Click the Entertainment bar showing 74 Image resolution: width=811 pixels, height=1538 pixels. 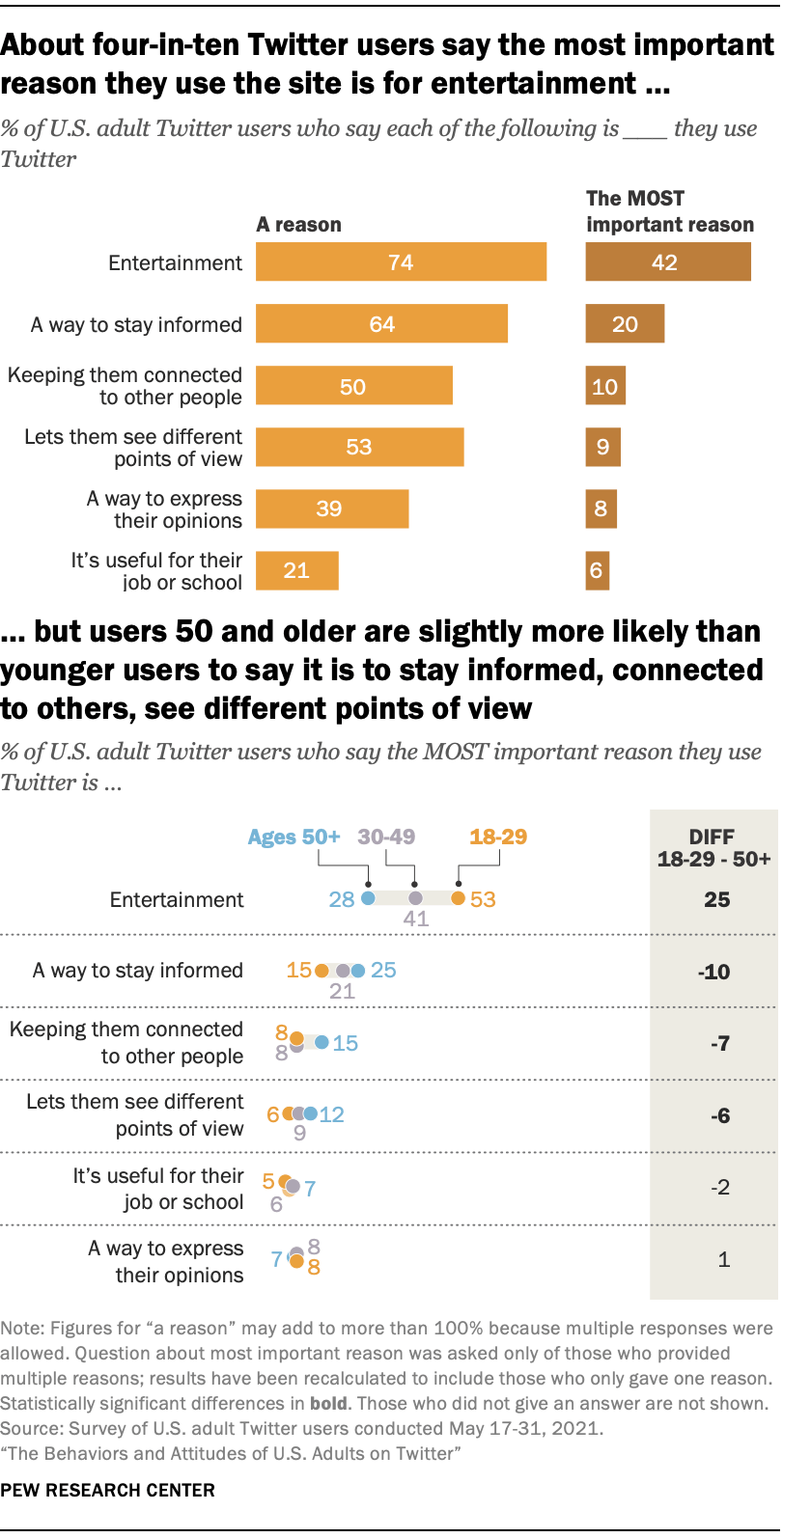(x=401, y=262)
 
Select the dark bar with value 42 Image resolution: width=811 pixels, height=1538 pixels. (x=667, y=262)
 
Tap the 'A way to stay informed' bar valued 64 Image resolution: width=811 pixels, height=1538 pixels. (x=381, y=324)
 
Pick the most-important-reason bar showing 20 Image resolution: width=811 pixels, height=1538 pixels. (x=625, y=324)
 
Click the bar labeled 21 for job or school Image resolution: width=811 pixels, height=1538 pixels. (x=296, y=570)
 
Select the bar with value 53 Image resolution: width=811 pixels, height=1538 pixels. (x=359, y=447)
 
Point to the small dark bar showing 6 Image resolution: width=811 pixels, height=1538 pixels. (x=597, y=570)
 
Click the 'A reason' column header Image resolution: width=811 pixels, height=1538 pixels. (x=298, y=225)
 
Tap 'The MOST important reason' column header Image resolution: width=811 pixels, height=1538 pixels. (x=669, y=211)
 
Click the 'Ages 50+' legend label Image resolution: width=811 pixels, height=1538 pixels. (x=294, y=837)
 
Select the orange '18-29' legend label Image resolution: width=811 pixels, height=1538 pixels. (x=498, y=837)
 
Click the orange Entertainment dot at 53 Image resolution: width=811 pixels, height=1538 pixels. (x=459, y=898)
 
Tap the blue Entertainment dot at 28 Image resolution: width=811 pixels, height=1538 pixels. (x=368, y=898)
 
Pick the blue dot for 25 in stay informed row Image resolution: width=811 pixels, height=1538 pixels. (x=358, y=971)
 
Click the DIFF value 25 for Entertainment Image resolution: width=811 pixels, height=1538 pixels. (x=716, y=899)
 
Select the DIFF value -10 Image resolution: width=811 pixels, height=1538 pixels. (x=714, y=972)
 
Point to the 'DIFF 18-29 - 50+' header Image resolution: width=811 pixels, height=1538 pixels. (x=713, y=848)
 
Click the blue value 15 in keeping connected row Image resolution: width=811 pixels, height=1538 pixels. (x=345, y=1043)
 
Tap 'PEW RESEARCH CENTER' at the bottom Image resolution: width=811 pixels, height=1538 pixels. (x=107, y=1490)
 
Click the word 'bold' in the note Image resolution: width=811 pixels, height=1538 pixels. (x=328, y=1404)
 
